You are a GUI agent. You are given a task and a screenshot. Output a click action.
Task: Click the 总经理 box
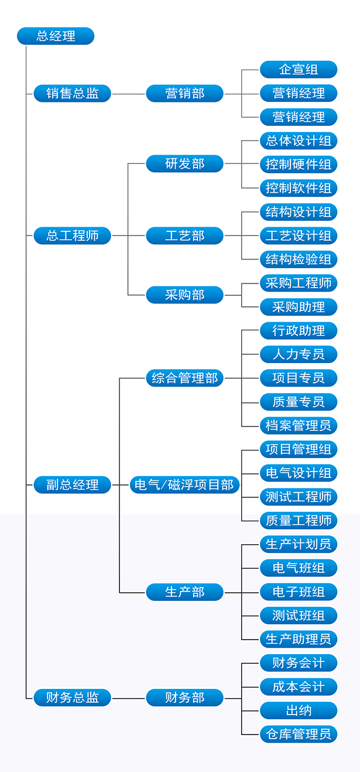56,36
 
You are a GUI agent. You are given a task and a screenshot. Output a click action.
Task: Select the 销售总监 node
72,93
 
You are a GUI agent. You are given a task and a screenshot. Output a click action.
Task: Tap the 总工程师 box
72,235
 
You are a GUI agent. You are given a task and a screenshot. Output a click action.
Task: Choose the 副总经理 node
72,484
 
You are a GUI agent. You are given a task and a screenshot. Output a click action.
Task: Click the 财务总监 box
72,698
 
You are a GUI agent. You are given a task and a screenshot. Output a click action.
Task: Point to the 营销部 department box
184,93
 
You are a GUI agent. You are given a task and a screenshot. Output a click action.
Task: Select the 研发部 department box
184,164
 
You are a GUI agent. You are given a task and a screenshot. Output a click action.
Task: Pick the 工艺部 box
184,235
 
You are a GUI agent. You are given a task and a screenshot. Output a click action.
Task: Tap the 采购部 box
184,295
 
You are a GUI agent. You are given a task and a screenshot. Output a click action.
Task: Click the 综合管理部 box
184,378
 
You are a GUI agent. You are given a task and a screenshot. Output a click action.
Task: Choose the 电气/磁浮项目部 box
184,484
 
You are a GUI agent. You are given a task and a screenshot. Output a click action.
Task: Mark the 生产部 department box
184,592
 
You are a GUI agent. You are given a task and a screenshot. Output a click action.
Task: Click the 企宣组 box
299,69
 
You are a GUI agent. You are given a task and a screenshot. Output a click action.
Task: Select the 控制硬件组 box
299,164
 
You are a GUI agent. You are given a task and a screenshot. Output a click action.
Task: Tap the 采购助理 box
299,306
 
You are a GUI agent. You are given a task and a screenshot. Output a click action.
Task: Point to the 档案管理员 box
299,425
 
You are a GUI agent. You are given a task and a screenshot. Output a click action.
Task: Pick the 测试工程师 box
299,497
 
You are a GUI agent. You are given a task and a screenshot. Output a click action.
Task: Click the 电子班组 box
299,592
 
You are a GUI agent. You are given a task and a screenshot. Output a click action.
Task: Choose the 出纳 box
299,710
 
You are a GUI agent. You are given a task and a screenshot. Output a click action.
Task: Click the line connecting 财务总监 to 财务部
128,698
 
